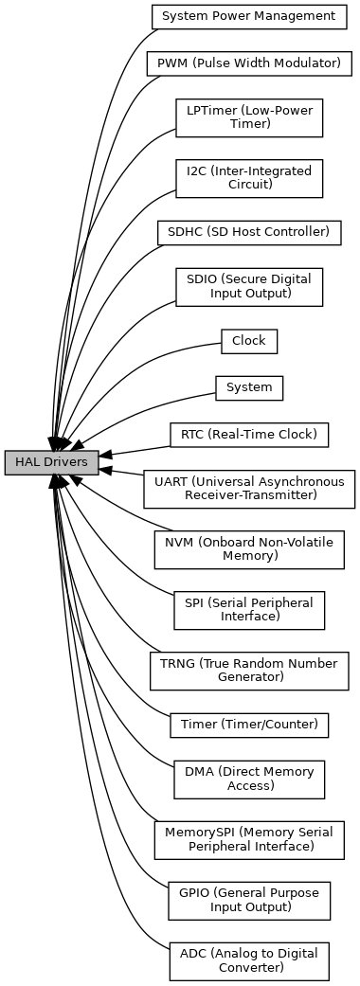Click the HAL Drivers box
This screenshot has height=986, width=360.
tap(51, 462)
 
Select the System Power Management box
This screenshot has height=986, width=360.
tap(249, 16)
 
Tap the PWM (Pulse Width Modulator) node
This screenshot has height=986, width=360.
tap(248, 63)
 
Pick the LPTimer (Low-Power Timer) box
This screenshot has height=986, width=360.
tap(249, 117)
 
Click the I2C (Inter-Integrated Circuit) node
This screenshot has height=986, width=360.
tap(249, 178)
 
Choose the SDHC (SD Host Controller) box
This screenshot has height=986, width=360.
tap(249, 233)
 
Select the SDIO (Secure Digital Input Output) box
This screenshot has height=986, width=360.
tap(249, 287)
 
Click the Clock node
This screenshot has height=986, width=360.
tap(249, 341)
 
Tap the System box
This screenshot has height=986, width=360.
tap(249, 388)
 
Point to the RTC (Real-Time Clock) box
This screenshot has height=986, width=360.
tap(249, 435)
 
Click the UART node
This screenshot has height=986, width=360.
tap(249, 489)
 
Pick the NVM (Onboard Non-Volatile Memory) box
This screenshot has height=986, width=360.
tap(249, 549)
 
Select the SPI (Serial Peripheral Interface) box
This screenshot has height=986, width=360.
tap(249, 610)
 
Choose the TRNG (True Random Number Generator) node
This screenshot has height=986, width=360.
tap(249, 671)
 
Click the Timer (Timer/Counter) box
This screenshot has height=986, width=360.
tap(249, 725)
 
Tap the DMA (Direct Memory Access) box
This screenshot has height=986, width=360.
tap(249, 780)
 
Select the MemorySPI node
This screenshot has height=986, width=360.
tap(249, 840)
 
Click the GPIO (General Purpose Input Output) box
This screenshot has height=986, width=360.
tap(249, 901)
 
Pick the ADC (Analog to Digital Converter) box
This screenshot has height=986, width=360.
tap(249, 961)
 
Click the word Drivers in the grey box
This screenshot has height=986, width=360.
tap(65, 463)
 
